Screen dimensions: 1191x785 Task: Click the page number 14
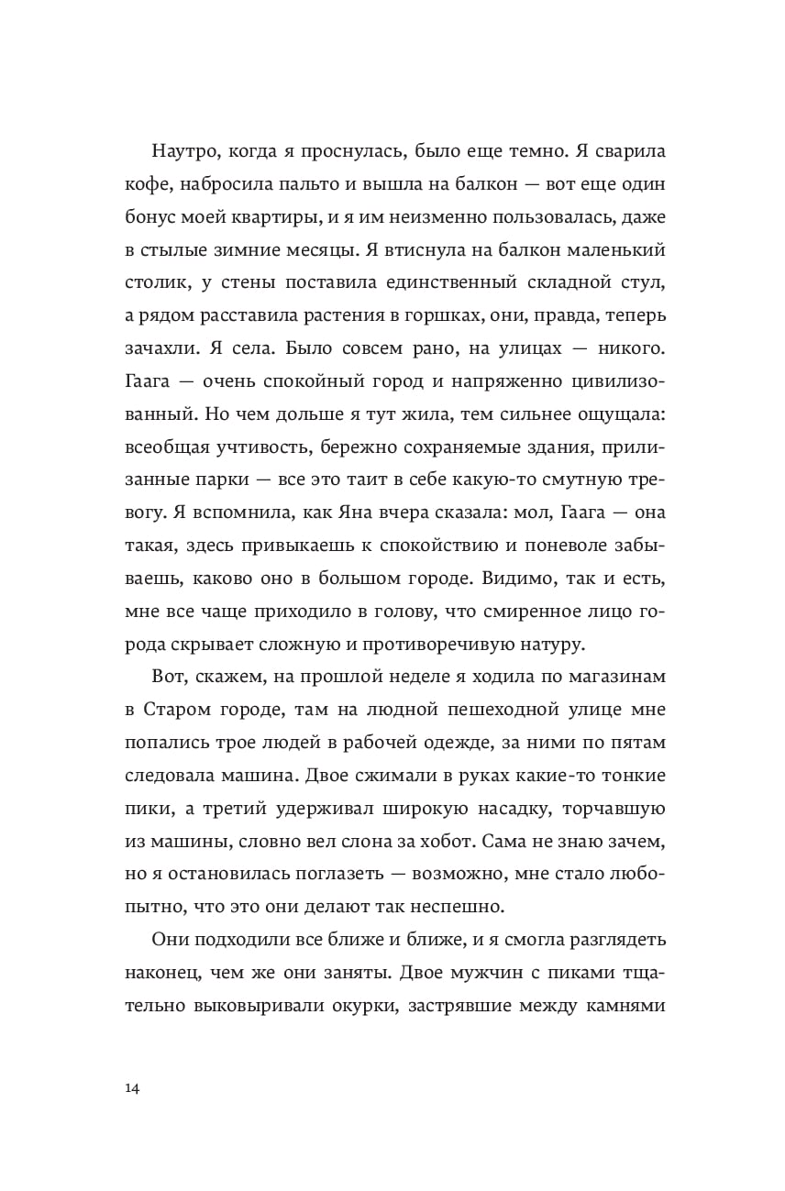[131, 1088]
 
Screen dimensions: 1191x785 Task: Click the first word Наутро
[183, 150]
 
